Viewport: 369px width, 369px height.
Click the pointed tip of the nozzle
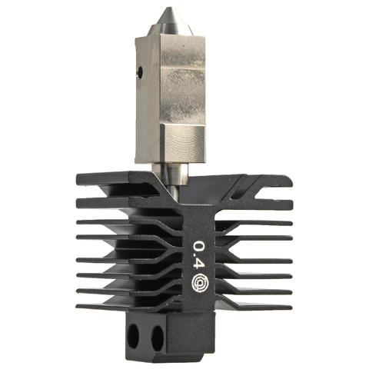[x=168, y=8]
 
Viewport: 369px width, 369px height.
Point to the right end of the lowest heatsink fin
[x=291, y=302]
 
